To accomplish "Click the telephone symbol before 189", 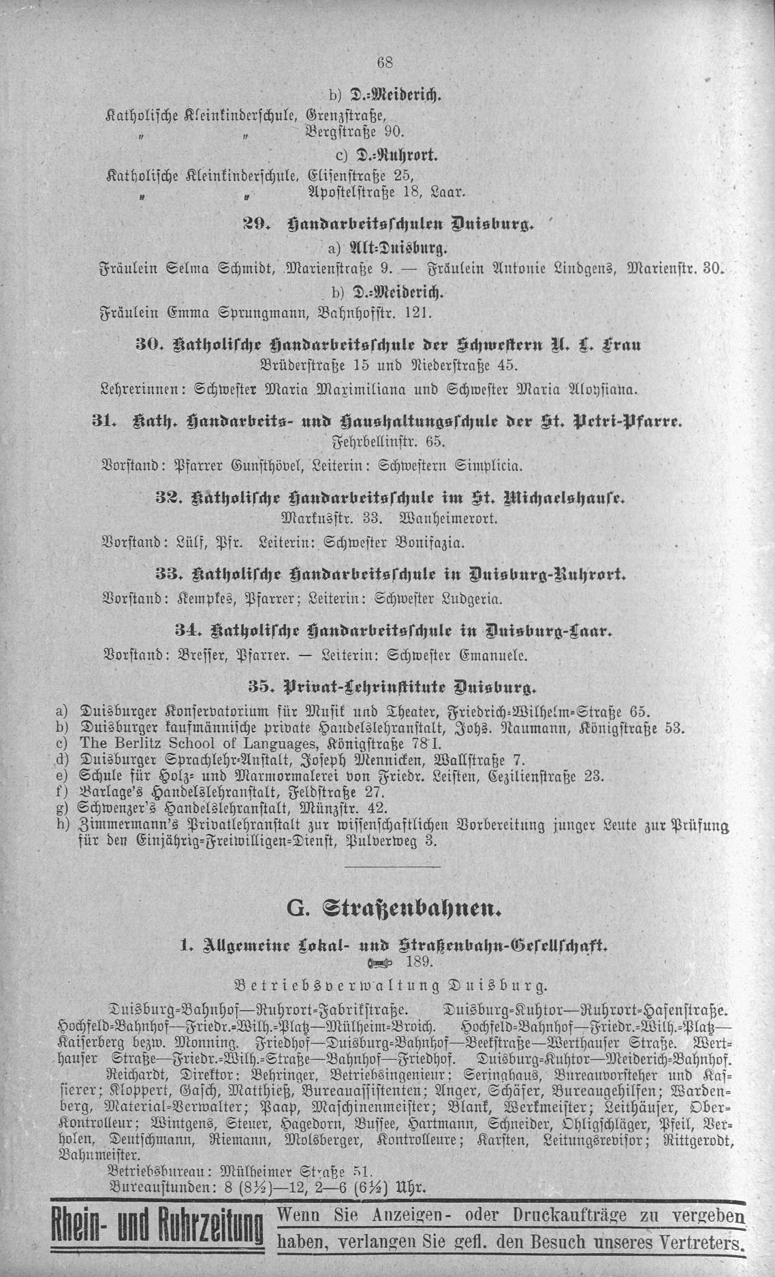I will [381, 962].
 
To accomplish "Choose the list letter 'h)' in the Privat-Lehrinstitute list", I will [63, 825].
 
